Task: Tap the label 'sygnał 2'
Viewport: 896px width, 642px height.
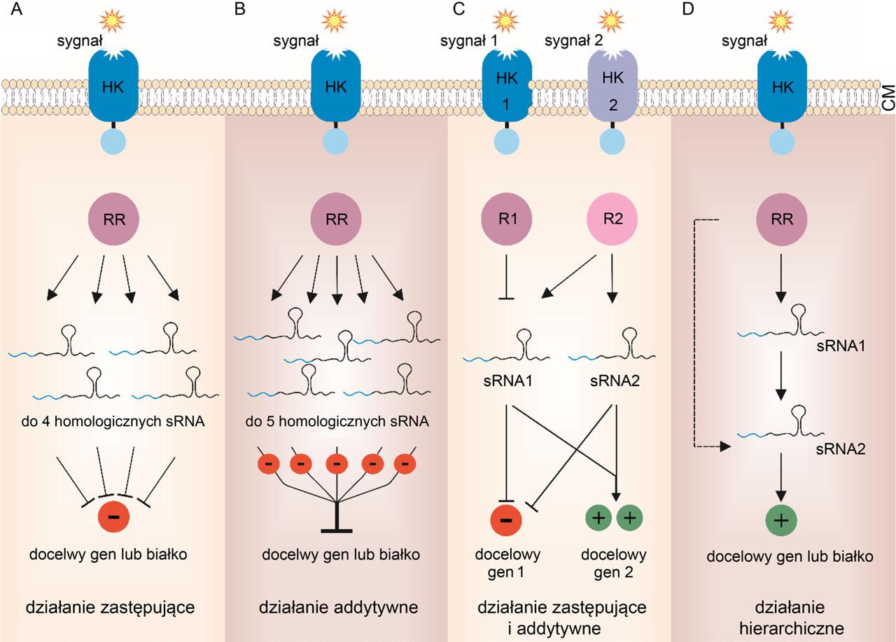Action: click(x=573, y=41)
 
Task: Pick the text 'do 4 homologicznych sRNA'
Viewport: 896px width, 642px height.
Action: click(x=113, y=422)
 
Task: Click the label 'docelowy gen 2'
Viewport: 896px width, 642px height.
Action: click(x=614, y=564)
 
